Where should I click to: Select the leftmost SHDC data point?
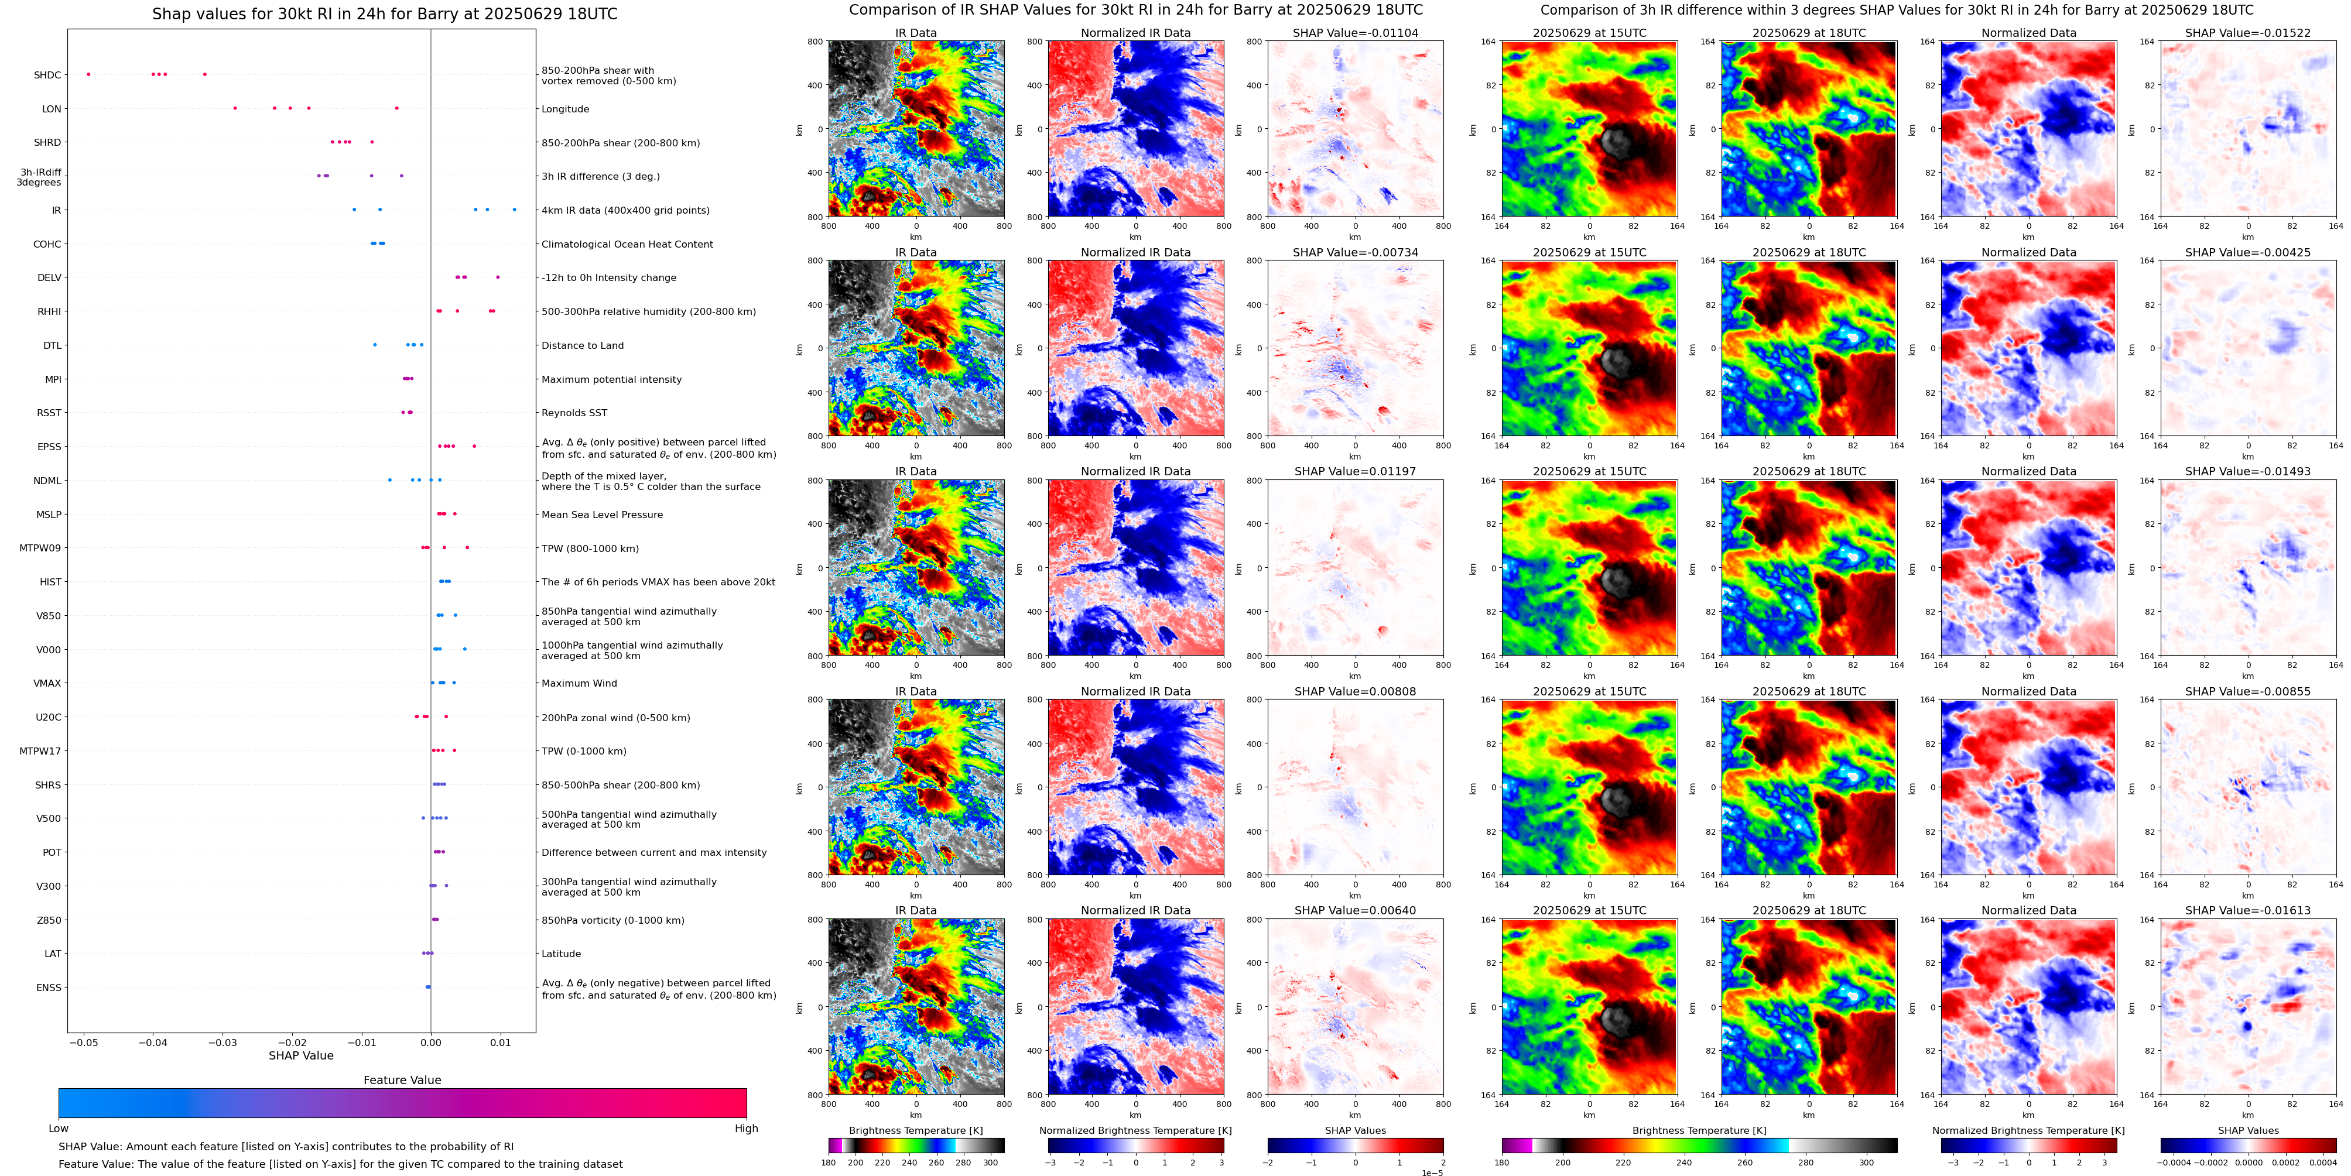tap(88, 74)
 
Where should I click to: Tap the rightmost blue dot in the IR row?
tap(515, 210)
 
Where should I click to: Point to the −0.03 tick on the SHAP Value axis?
tap(223, 1042)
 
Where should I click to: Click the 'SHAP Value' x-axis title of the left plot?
tap(300, 1055)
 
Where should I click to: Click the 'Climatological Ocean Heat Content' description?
tap(627, 245)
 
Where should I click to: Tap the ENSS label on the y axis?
tap(49, 987)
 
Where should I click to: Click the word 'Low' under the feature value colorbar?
tap(59, 1129)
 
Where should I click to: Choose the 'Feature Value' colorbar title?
tap(402, 1080)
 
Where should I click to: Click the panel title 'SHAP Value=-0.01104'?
tap(1356, 33)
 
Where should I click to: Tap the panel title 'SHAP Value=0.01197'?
tap(1356, 472)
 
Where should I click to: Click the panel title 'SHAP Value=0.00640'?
tap(1356, 910)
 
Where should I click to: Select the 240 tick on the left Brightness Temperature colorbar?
tap(909, 1163)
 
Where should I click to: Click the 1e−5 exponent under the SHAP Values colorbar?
tap(1432, 1172)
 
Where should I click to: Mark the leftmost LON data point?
tap(235, 108)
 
